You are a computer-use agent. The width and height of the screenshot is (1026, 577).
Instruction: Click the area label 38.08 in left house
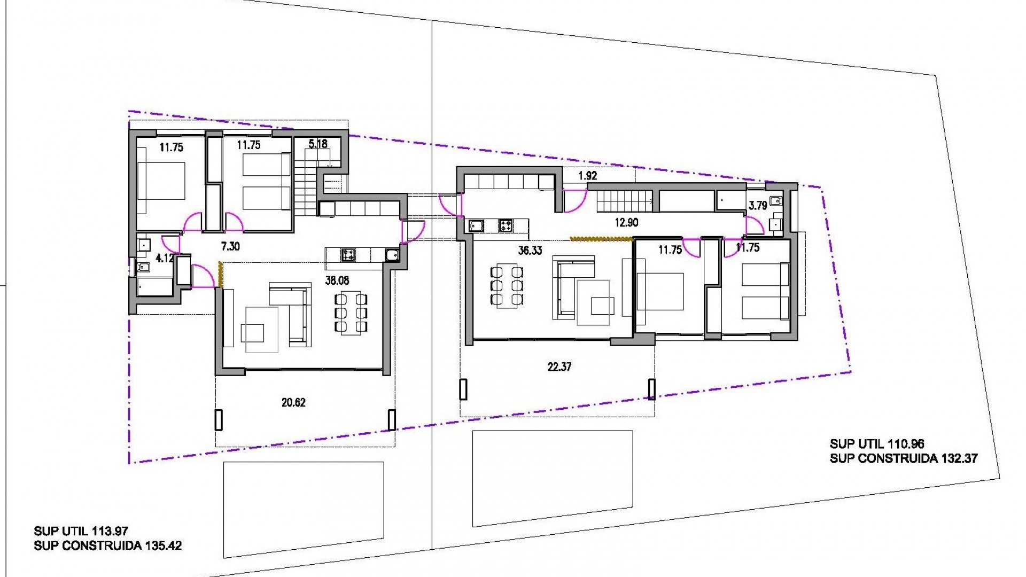pos(337,280)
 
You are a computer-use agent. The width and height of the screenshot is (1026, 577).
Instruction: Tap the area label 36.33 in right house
pos(530,251)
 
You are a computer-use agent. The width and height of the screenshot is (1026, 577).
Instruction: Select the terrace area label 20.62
pos(293,402)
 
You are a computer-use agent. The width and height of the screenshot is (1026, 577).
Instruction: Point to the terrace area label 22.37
pos(559,367)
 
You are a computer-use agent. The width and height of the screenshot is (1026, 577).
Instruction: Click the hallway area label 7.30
pos(230,246)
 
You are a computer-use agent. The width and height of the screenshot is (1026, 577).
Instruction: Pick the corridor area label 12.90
pos(626,222)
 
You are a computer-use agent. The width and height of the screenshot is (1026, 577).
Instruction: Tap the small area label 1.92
pos(587,176)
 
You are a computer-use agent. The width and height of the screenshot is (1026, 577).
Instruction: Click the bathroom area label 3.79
pos(757,205)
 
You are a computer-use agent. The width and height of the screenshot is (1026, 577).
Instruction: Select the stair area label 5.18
pos(318,144)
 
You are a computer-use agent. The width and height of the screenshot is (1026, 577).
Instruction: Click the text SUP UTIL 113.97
pos(81,531)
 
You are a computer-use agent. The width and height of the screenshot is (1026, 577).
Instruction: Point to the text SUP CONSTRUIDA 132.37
pos(903,458)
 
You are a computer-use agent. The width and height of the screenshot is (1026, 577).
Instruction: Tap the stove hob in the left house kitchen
pos(348,255)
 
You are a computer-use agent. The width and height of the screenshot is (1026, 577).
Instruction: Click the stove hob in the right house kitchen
pos(506,226)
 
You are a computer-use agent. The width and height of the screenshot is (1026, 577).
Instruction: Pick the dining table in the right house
pos(507,286)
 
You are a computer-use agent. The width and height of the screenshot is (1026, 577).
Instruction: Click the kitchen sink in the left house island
pos(392,255)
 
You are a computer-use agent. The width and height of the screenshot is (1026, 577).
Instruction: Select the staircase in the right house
pos(624,202)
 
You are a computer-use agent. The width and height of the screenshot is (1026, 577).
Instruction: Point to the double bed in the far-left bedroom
pos(161,181)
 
